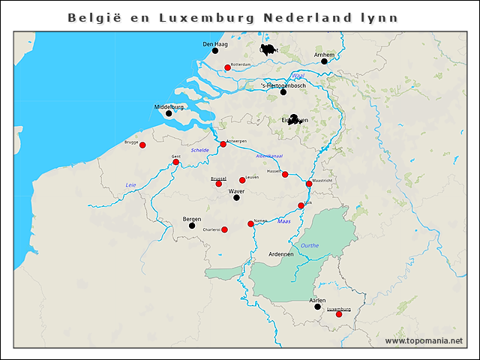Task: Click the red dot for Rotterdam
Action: (227, 67)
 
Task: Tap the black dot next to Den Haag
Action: (214, 52)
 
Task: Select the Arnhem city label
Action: (323, 54)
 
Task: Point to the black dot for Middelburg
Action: (169, 114)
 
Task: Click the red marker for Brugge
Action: (142, 145)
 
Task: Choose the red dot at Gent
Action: (175, 162)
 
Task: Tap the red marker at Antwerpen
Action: (223, 144)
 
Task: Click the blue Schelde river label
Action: (200, 150)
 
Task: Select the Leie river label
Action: (130, 184)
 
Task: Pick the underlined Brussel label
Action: (218, 178)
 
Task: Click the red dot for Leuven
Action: (242, 180)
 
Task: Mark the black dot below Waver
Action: (236, 198)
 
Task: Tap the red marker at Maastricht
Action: (309, 184)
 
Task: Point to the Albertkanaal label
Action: (269, 156)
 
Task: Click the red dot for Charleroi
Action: (224, 229)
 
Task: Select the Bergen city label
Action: (192, 219)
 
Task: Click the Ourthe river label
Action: (309, 245)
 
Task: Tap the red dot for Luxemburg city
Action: (338, 314)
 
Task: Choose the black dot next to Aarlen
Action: (317, 307)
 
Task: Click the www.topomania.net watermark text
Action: (424, 341)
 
